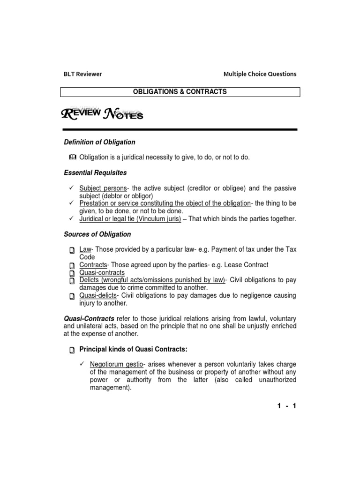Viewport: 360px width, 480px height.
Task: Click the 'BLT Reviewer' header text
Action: pos(82,74)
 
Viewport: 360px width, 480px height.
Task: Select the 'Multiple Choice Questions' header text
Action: pos(260,74)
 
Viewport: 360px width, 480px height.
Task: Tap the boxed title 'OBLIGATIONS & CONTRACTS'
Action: pos(180,92)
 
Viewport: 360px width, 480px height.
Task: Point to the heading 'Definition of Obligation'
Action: pos(99,142)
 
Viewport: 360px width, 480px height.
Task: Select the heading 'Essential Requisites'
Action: pos(95,172)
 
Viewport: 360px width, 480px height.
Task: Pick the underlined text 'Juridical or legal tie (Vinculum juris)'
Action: pos(130,219)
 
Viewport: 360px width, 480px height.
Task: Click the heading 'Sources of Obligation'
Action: pos(97,234)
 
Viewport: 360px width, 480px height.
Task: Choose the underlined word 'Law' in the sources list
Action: pos(84,249)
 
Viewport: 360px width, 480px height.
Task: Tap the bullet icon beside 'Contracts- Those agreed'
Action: pos(72,265)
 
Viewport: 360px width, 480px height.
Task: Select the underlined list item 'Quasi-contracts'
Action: pos(102,272)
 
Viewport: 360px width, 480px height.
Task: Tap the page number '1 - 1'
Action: pos(286,406)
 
